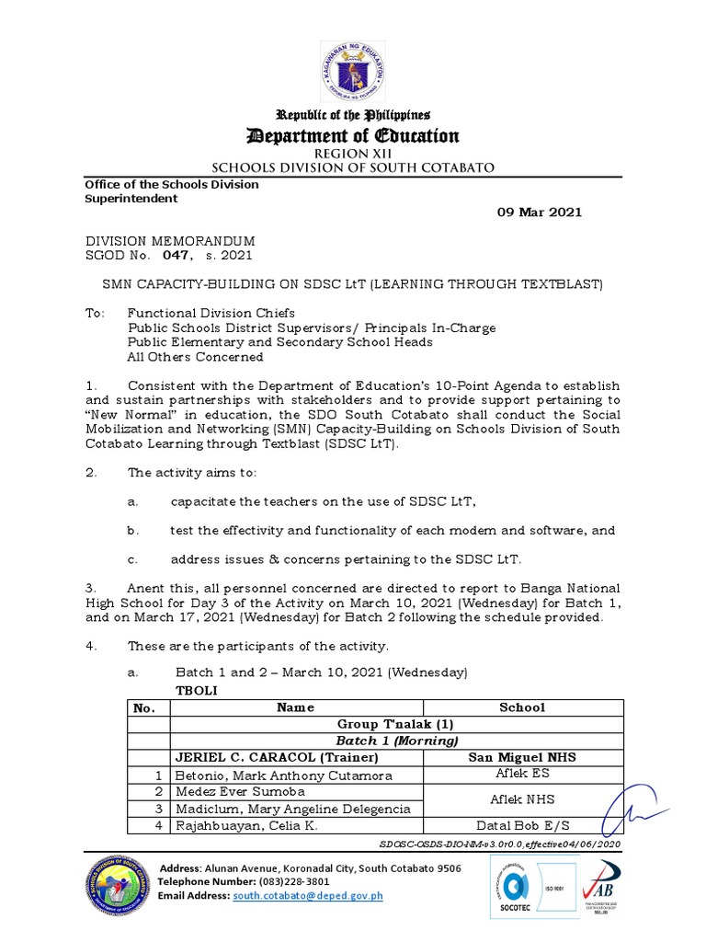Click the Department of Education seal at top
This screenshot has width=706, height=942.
point(353,73)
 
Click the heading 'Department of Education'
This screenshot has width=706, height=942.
point(353,136)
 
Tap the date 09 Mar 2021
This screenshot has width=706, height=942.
point(540,212)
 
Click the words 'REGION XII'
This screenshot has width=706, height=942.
point(353,154)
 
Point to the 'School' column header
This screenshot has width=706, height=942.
point(521,707)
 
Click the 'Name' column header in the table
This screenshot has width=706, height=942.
point(295,707)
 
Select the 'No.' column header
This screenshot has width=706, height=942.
point(146,707)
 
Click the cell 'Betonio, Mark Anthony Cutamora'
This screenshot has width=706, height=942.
point(270,775)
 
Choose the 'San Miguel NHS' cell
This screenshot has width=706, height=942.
point(521,758)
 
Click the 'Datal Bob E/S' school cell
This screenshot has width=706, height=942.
point(521,825)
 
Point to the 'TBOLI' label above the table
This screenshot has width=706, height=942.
point(196,690)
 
